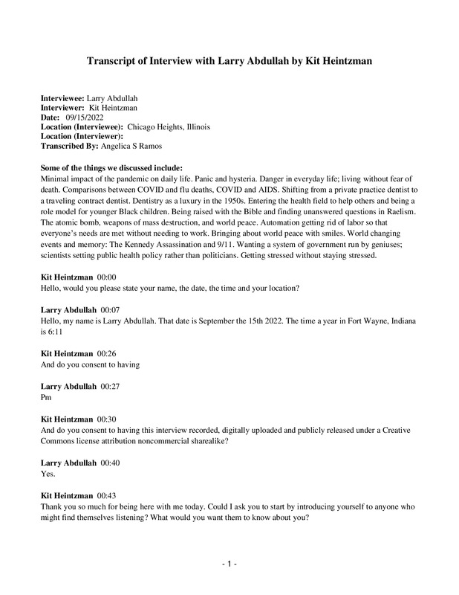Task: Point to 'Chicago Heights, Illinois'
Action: click(169, 127)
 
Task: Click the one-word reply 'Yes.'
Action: click(49, 473)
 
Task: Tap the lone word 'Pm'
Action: click(47, 398)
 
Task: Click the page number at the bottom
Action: click(229, 565)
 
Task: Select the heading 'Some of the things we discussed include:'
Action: click(114, 167)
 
